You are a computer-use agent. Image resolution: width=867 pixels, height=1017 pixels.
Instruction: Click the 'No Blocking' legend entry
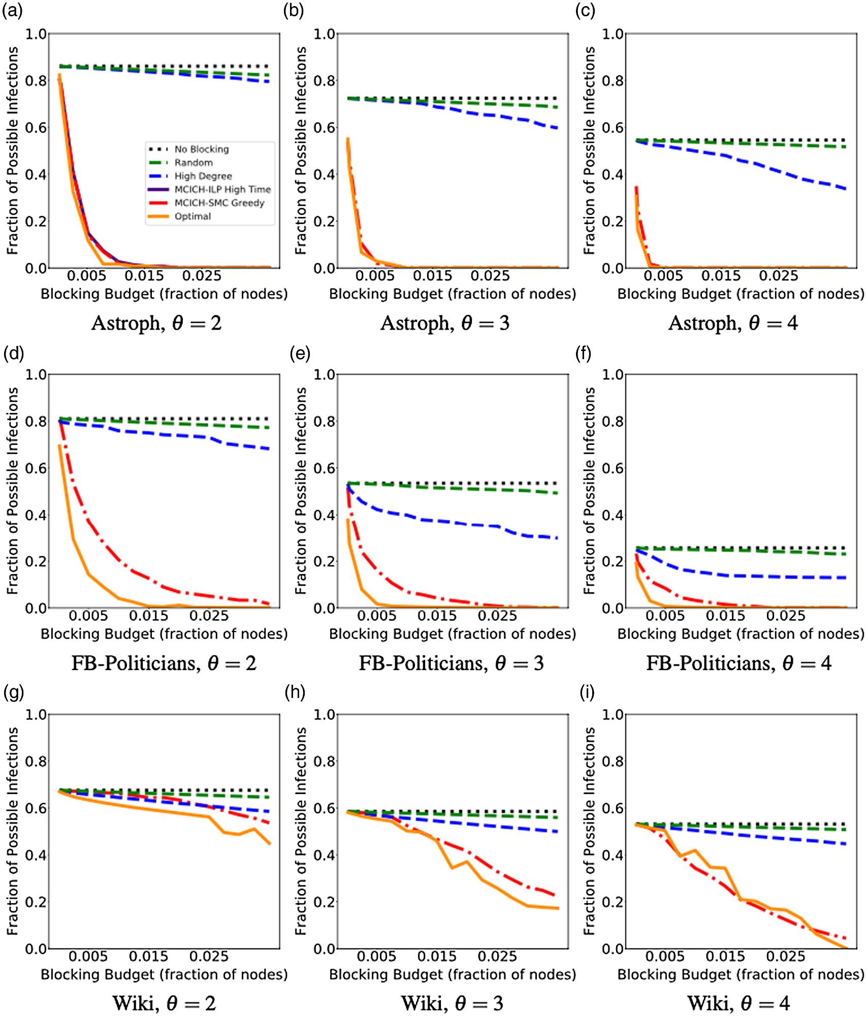coord(201,149)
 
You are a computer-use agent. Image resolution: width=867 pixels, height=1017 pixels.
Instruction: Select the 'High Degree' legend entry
coord(203,176)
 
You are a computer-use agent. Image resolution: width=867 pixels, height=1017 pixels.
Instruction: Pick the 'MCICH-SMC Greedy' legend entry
coord(219,203)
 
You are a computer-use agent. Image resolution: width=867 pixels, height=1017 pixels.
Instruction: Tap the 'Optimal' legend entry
coord(192,216)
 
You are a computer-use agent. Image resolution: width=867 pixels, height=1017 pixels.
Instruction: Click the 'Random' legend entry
coord(194,163)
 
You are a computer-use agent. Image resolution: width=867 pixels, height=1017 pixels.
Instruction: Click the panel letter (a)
coord(12,11)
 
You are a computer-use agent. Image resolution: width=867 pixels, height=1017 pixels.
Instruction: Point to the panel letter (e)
coord(300,353)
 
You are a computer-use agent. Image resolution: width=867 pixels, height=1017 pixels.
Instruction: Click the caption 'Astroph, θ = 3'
coord(445,323)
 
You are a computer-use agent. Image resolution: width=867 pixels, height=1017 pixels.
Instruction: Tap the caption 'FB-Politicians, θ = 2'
coord(164,663)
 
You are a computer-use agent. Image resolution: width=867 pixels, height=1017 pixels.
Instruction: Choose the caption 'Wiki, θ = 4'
coord(738,1003)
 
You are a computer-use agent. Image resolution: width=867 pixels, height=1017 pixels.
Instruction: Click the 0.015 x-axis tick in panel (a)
coord(144,276)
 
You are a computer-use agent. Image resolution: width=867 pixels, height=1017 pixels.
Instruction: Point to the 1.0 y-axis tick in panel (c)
coord(613,34)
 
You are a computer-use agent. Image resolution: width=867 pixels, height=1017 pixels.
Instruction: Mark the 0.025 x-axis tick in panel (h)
coord(497,957)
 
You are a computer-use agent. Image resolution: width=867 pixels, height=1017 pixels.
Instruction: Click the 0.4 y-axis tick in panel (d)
coord(36,515)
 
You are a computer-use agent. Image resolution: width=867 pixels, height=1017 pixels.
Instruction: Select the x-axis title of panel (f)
coord(741,634)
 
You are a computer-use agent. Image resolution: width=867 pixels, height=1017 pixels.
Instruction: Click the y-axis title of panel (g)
coord(13,831)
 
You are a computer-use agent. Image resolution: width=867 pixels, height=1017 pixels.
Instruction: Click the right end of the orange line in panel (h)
coord(559,908)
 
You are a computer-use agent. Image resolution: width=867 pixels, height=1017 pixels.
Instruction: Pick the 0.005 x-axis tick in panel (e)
coord(376,616)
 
